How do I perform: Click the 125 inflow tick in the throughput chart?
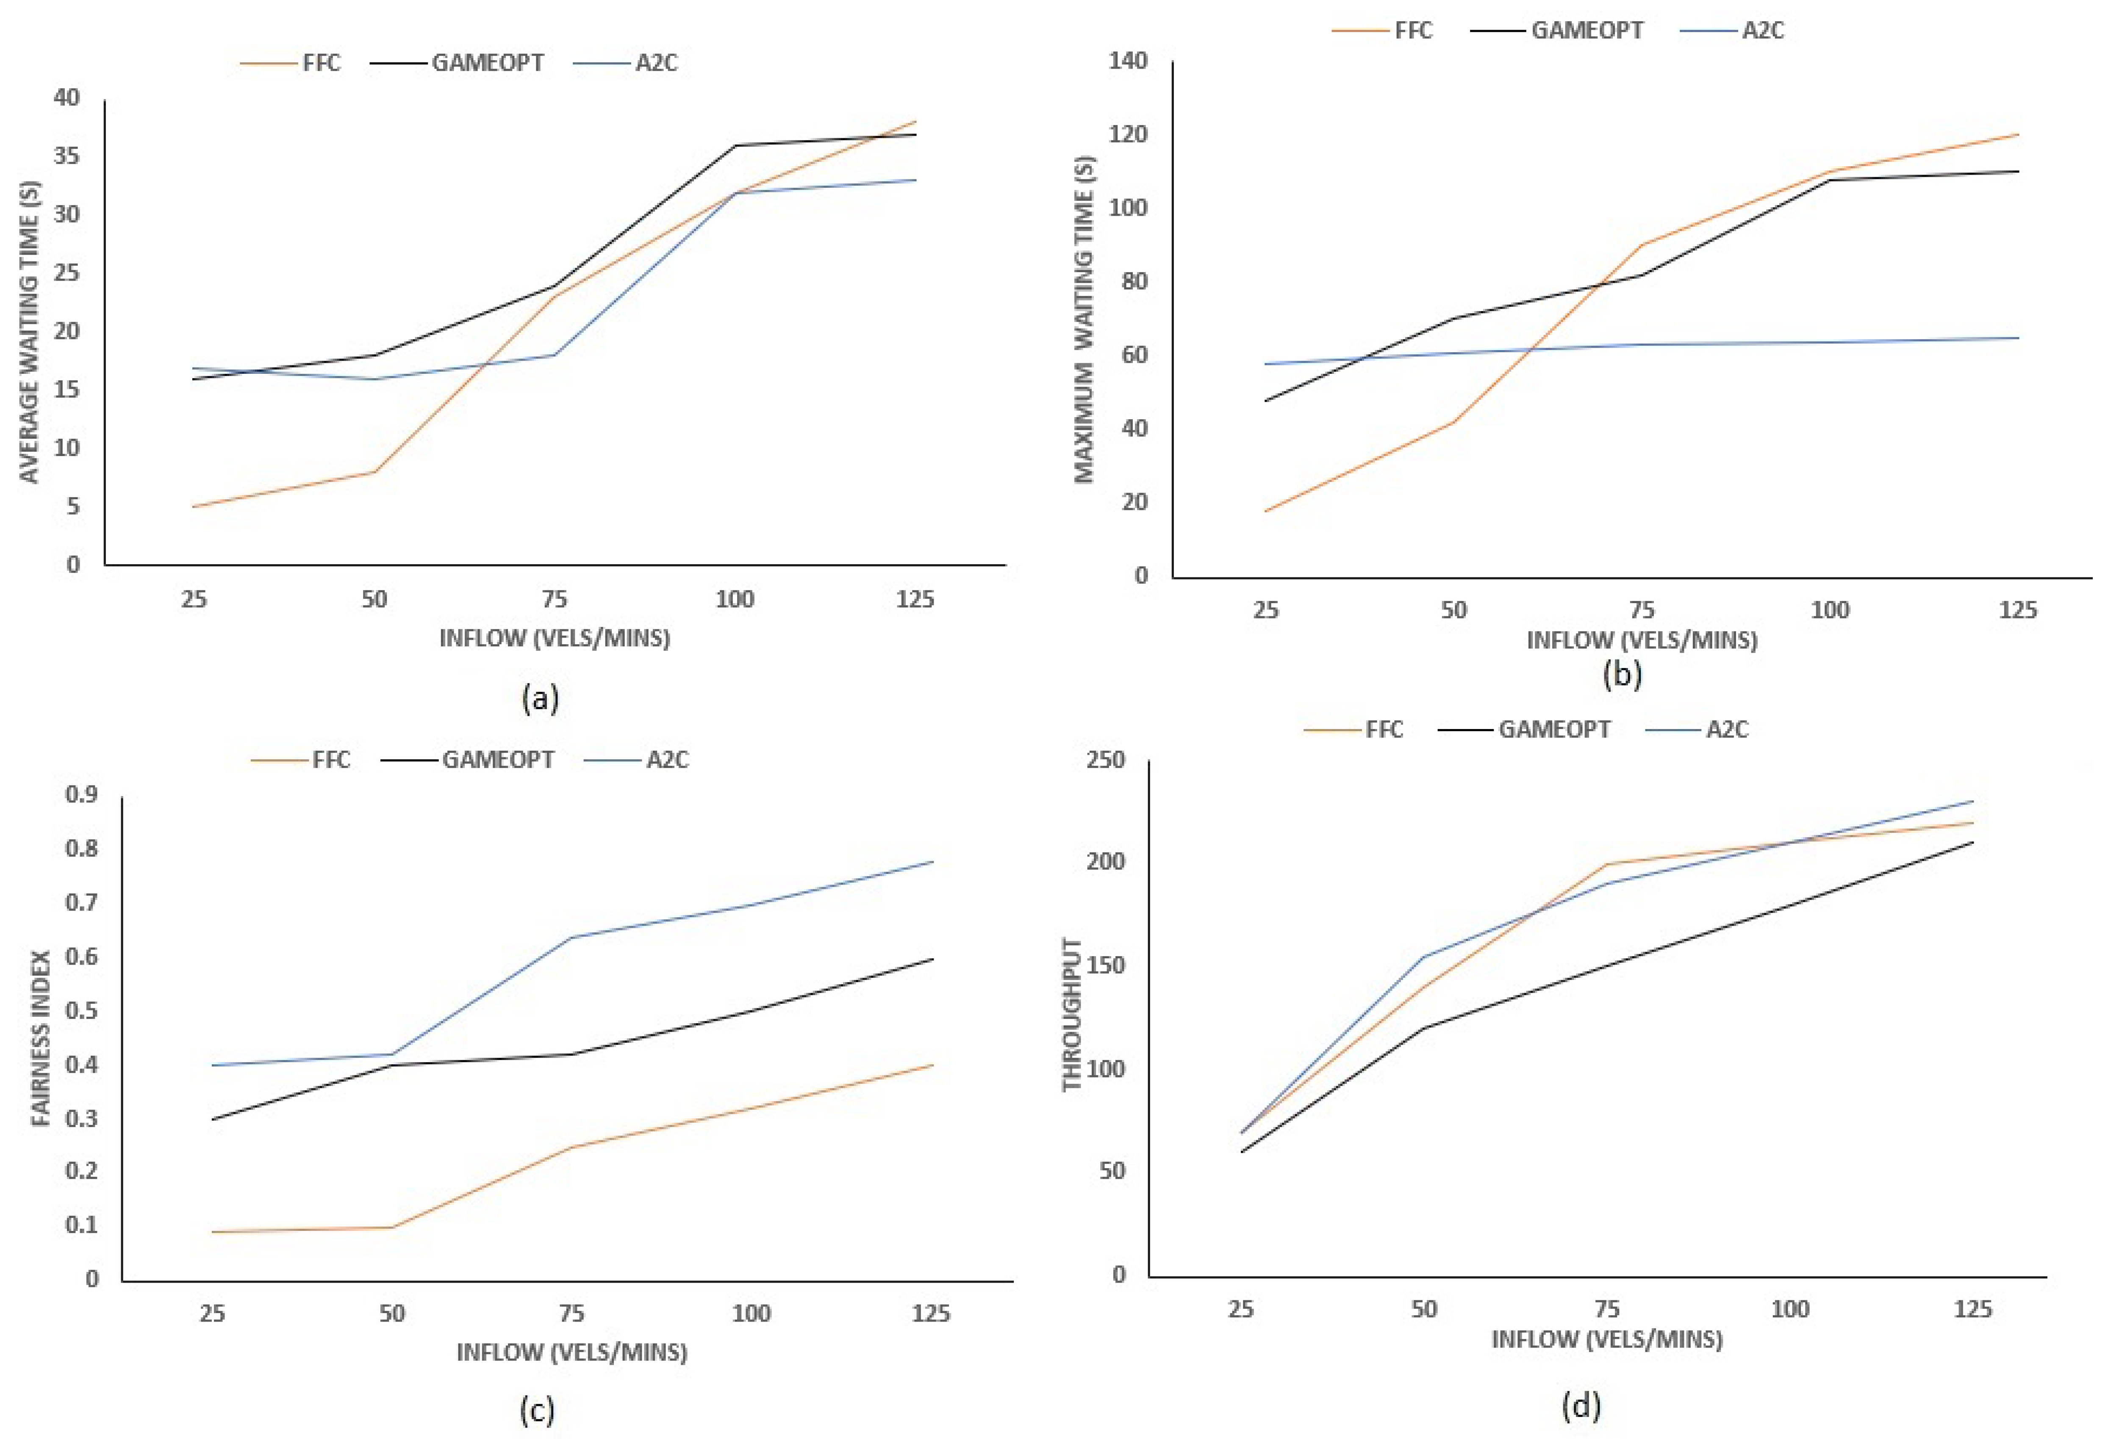pos(1973,1309)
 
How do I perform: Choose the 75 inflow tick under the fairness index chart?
pos(571,1313)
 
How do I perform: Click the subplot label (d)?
pos(1581,1406)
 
